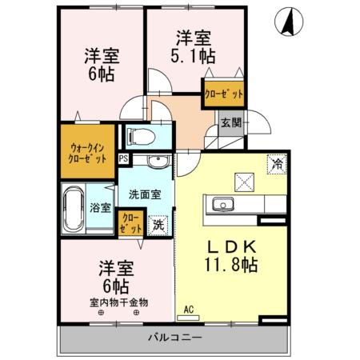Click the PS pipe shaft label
pyautogui.click(x=123, y=158)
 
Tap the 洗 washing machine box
pyautogui.click(x=159, y=224)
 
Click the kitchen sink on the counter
pyautogui.click(x=220, y=206)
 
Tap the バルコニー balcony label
pyautogui.click(x=174, y=337)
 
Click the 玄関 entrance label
pyautogui.click(x=231, y=123)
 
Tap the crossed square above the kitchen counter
pyautogui.click(x=244, y=180)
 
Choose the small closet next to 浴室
pyautogui.click(x=128, y=222)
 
